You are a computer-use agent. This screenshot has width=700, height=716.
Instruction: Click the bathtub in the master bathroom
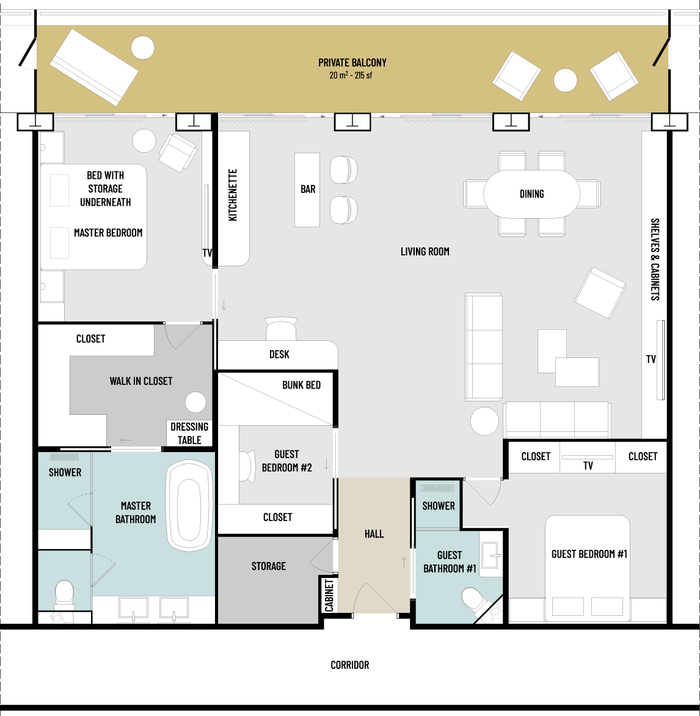point(189,506)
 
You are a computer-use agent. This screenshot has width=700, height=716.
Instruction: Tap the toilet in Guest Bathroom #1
point(475,600)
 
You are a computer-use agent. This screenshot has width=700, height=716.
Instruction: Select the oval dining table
point(531,194)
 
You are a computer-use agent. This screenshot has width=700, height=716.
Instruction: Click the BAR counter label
point(308,189)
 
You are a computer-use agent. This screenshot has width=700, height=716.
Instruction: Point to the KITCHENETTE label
point(233,195)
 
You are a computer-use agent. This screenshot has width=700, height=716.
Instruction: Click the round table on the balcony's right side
point(565,81)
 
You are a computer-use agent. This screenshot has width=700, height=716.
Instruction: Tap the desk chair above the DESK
point(281,328)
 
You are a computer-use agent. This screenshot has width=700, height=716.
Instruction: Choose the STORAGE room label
point(269,566)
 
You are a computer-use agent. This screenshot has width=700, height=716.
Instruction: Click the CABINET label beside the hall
point(329,596)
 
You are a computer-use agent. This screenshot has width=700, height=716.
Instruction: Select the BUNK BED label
point(301,385)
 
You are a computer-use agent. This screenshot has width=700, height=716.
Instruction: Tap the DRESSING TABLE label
point(189,433)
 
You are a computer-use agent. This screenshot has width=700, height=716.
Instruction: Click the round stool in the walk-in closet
point(195,403)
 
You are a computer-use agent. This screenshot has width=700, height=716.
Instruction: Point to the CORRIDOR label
point(350,665)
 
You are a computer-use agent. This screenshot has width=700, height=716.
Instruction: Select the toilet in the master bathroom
point(64,594)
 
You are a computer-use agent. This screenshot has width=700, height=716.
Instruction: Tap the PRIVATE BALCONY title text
point(352,62)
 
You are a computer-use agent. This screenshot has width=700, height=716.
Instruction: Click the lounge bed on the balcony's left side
point(93,67)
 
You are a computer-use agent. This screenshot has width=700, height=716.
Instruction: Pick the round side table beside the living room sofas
point(484,421)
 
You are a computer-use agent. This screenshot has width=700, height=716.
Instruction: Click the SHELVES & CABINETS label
point(655,260)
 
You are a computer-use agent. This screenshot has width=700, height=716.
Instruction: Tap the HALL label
point(374,534)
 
